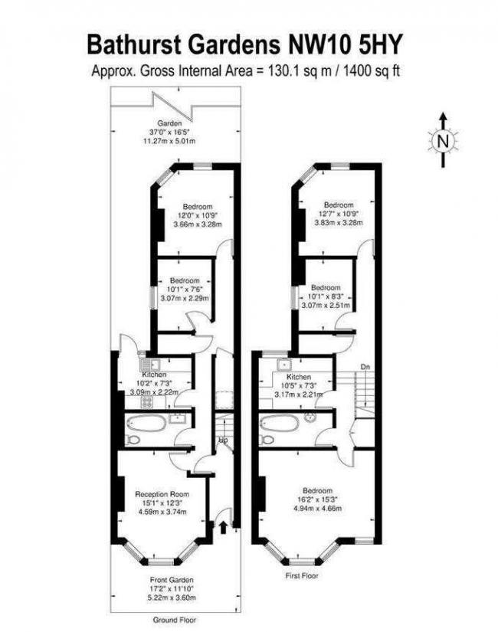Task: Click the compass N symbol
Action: (x=443, y=141)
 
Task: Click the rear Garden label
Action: (x=169, y=123)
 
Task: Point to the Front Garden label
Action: (x=172, y=580)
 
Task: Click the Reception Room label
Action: (x=162, y=494)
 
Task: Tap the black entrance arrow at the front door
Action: (x=224, y=527)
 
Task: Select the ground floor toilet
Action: (x=133, y=440)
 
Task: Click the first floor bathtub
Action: (x=280, y=423)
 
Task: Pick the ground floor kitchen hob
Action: (x=147, y=402)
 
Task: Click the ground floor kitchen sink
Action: (x=150, y=365)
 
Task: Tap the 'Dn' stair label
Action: (x=365, y=367)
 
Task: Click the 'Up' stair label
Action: (x=223, y=440)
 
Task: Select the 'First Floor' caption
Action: (x=302, y=576)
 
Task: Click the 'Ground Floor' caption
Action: (x=175, y=620)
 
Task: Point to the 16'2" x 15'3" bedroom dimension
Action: (x=317, y=499)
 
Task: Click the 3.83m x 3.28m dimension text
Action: (x=339, y=222)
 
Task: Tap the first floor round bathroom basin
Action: (x=310, y=418)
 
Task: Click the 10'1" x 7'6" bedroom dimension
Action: (x=185, y=290)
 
